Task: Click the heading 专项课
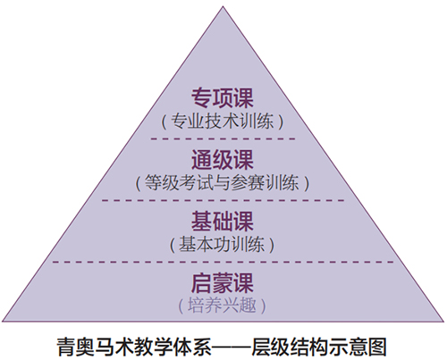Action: pos(223,98)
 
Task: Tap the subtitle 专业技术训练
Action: pos(223,121)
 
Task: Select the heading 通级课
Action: pos(223,160)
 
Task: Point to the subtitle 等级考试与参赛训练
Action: pos(223,182)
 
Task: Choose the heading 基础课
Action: pos(223,222)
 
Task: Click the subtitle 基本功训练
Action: pos(223,245)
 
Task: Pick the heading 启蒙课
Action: pos(223,283)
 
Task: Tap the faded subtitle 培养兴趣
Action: pos(223,306)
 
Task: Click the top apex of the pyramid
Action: pos(223,6)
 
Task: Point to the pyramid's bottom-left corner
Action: pos(3,322)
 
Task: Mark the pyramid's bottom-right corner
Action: pos(443,322)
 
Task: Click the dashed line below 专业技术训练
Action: pos(223,138)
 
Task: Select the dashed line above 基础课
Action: pos(223,200)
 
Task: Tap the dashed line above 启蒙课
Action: pos(223,262)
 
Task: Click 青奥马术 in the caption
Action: pos(96,347)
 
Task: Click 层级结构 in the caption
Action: pos(290,347)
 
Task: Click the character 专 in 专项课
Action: pos(201,98)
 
